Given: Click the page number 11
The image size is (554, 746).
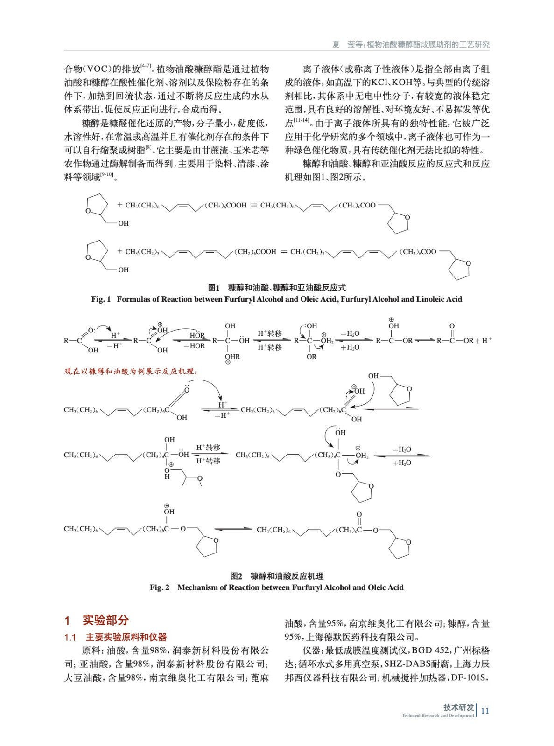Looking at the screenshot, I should (485, 711).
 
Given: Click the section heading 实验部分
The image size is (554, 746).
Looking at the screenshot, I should (105, 620).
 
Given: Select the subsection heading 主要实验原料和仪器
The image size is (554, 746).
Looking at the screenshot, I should (126, 637).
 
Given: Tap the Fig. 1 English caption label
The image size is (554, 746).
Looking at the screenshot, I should (101, 299).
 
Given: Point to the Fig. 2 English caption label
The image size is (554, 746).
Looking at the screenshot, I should (160, 587).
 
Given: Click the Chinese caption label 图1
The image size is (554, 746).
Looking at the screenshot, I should (214, 288).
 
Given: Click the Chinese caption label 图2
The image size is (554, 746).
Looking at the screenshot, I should (237, 576).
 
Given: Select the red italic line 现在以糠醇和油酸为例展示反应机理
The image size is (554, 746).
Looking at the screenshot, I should (131, 372).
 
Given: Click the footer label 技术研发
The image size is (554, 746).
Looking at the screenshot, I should (458, 707).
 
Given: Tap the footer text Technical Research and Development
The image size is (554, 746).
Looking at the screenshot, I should (437, 715).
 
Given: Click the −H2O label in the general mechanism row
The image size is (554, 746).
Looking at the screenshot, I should (350, 334).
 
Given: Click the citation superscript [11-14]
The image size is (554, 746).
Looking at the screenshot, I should (302, 120).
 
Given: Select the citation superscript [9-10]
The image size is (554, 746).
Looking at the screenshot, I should (107, 175).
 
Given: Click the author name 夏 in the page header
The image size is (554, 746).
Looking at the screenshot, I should (336, 44).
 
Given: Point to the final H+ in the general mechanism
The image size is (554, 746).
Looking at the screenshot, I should (487, 340).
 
